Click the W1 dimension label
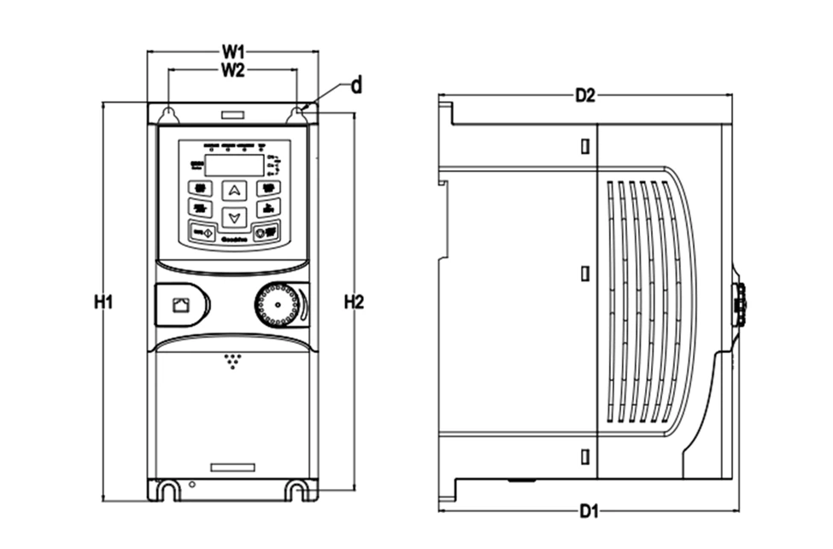[233, 52]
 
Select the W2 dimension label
[233, 71]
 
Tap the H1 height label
[103, 302]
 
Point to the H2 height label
[354, 302]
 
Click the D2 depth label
[584, 96]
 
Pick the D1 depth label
[587, 512]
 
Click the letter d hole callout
[356, 86]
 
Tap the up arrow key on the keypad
[234, 191]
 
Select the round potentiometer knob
[277, 305]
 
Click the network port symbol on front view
[181, 304]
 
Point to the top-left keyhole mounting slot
[169, 114]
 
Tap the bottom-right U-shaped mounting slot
[297, 490]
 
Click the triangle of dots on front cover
[232, 360]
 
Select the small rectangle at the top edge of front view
[232, 114]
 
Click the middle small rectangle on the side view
[584, 274]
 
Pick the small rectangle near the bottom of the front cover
[232, 467]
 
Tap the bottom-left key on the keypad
[202, 233]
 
